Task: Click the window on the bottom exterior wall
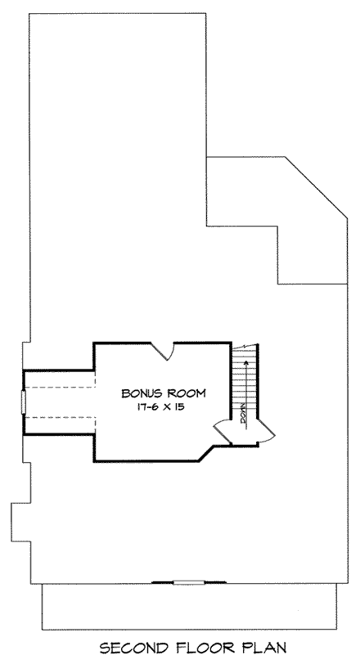(x=187, y=582)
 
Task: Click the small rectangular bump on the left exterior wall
(x=16, y=517)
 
